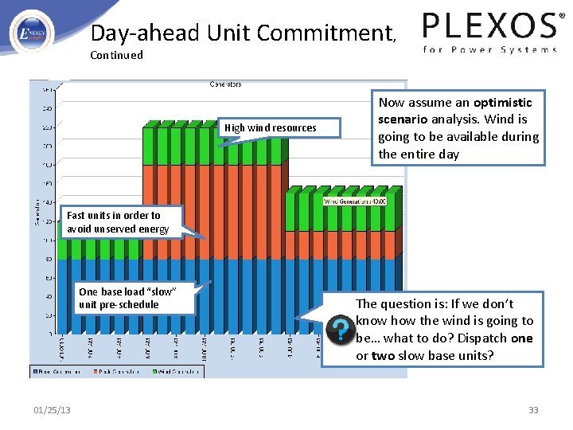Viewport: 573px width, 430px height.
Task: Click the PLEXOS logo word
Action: [x=489, y=26]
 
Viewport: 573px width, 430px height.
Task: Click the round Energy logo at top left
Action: [x=32, y=33]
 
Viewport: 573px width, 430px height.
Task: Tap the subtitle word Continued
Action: [x=116, y=55]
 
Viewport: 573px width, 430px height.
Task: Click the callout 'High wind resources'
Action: [x=270, y=127]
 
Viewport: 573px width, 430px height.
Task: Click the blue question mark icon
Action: [x=340, y=329]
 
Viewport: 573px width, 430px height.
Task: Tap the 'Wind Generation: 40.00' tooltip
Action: [x=354, y=201]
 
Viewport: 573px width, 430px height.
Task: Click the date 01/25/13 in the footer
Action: [x=52, y=410]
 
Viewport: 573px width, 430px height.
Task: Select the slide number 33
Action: [x=533, y=410]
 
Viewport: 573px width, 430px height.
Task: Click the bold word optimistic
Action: [x=502, y=102]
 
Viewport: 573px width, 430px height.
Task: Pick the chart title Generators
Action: [x=225, y=84]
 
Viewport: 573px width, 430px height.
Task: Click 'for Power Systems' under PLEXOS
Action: [x=489, y=49]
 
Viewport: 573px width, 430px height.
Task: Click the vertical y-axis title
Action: [x=36, y=210]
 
